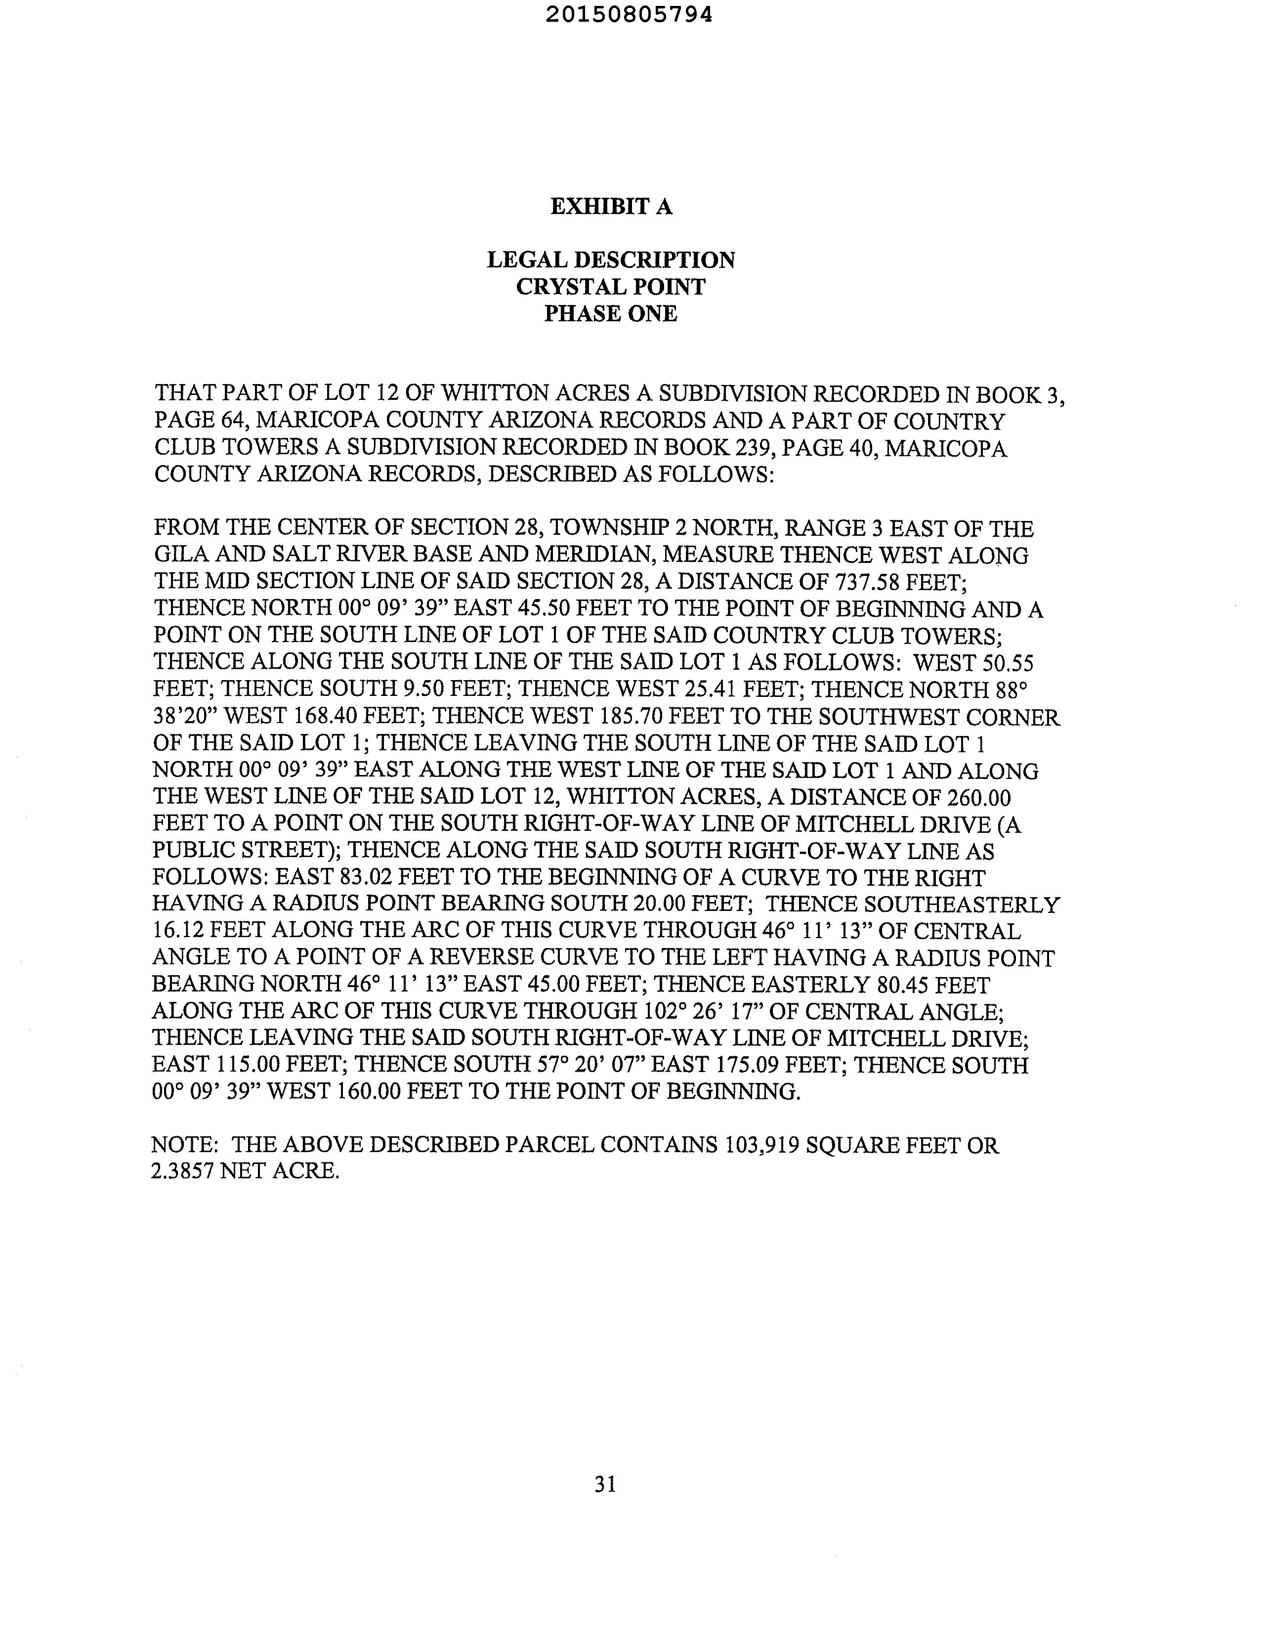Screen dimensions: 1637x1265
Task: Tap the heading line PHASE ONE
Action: [x=611, y=313]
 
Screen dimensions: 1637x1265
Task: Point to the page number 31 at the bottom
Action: [x=605, y=1484]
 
